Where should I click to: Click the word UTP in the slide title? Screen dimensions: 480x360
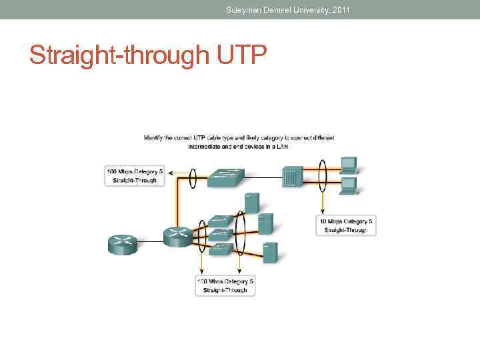coord(241,55)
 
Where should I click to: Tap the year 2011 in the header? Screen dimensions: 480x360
coord(339,9)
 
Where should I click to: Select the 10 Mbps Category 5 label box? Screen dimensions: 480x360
coord(345,225)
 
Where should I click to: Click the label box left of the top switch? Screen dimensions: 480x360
coord(135,175)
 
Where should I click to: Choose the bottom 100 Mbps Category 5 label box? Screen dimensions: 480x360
coord(225,285)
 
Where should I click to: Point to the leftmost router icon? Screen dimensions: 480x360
coord(122,245)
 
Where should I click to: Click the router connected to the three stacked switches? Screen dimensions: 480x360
coord(177,235)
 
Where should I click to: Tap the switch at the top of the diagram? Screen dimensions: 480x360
coord(225,177)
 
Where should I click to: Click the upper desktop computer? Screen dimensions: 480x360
coord(349,164)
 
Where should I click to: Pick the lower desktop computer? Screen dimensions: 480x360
coord(349,185)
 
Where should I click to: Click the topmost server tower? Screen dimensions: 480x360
coord(251,203)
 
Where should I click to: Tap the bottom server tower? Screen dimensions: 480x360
coord(270,252)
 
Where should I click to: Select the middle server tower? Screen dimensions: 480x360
coord(265,223)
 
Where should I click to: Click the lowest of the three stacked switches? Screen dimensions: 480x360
coord(221,249)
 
